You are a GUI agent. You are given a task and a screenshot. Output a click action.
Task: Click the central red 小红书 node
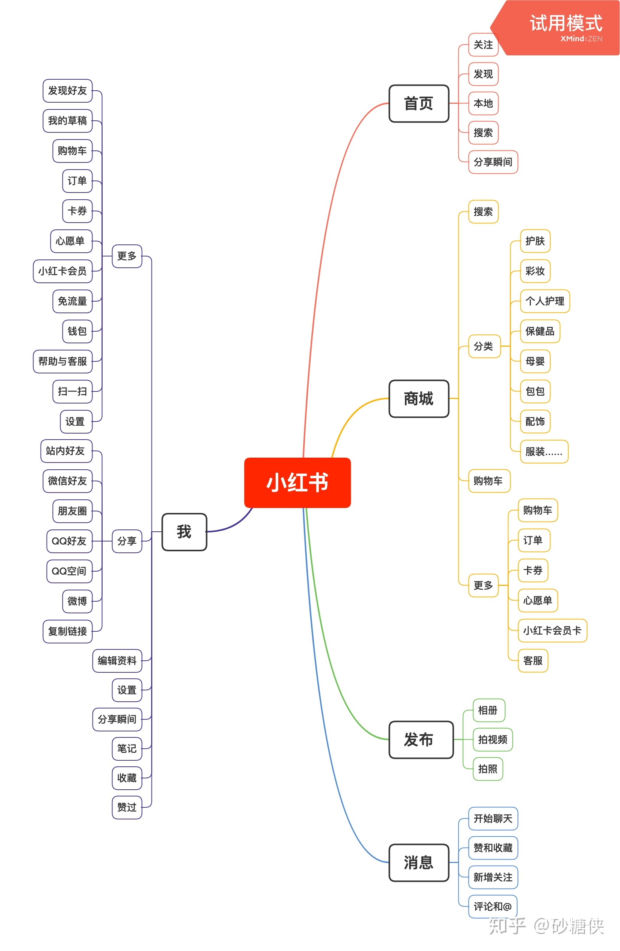coord(297,482)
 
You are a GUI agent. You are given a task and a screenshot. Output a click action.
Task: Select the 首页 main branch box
coord(419,103)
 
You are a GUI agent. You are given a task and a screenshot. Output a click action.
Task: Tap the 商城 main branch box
coord(419,398)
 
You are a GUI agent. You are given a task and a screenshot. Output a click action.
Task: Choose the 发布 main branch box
coord(421,739)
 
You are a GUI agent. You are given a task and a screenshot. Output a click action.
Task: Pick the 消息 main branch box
coord(419,862)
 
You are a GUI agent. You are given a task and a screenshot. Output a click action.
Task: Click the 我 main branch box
coord(184,532)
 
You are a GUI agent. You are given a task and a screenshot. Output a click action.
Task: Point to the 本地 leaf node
coord(483,103)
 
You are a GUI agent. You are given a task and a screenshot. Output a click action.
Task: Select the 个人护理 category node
coord(544,301)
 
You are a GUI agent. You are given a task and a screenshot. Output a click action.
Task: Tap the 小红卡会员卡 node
coord(552,631)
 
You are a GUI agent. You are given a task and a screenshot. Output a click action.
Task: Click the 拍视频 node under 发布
coord(492,740)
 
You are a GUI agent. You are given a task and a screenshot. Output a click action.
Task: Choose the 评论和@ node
coord(492,906)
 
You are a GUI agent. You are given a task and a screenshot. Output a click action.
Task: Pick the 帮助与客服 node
coord(63,361)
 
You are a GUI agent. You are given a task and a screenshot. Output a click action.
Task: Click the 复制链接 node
coord(68,631)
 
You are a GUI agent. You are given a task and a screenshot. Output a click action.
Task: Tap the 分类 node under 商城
coord(484,346)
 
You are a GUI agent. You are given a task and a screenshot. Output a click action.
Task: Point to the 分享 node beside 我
coord(127,541)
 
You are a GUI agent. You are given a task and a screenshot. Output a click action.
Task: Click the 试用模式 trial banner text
coord(565,23)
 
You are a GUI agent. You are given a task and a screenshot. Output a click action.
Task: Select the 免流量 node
coord(72,301)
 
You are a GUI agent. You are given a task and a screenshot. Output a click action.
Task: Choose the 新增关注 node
coord(493,877)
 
